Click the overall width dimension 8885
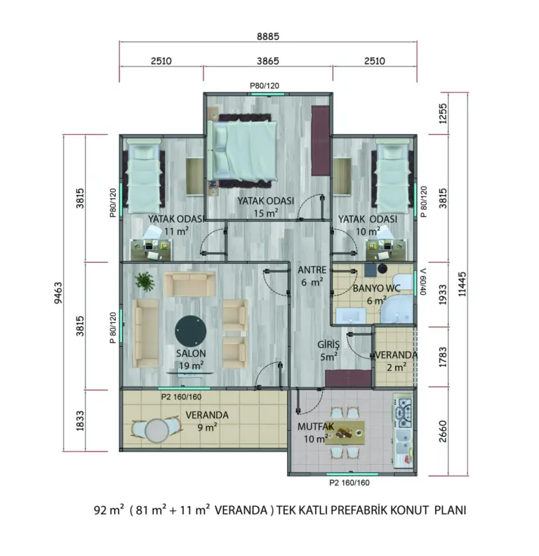pyautogui.click(x=267, y=37)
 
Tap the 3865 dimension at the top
pyautogui.click(x=267, y=61)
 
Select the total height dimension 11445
pyautogui.click(x=462, y=284)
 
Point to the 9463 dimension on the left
pyautogui.click(x=58, y=293)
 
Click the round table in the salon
pyautogui.click(x=191, y=331)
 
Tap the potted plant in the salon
pyautogui.click(x=145, y=282)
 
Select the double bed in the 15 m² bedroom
pyautogui.click(x=243, y=150)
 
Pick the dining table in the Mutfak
pyautogui.click(x=346, y=433)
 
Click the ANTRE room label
pyautogui.click(x=312, y=270)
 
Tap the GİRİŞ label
pyautogui.click(x=328, y=344)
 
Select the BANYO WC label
pyautogui.click(x=377, y=289)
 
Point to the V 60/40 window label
pyautogui.click(x=422, y=282)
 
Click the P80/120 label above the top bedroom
pyautogui.click(x=265, y=86)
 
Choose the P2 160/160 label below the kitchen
pyautogui.click(x=350, y=482)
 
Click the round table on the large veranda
pyautogui.click(x=157, y=430)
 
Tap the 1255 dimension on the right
pyautogui.click(x=443, y=114)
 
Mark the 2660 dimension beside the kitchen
pyautogui.click(x=443, y=432)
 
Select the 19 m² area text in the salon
pyautogui.click(x=191, y=366)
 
